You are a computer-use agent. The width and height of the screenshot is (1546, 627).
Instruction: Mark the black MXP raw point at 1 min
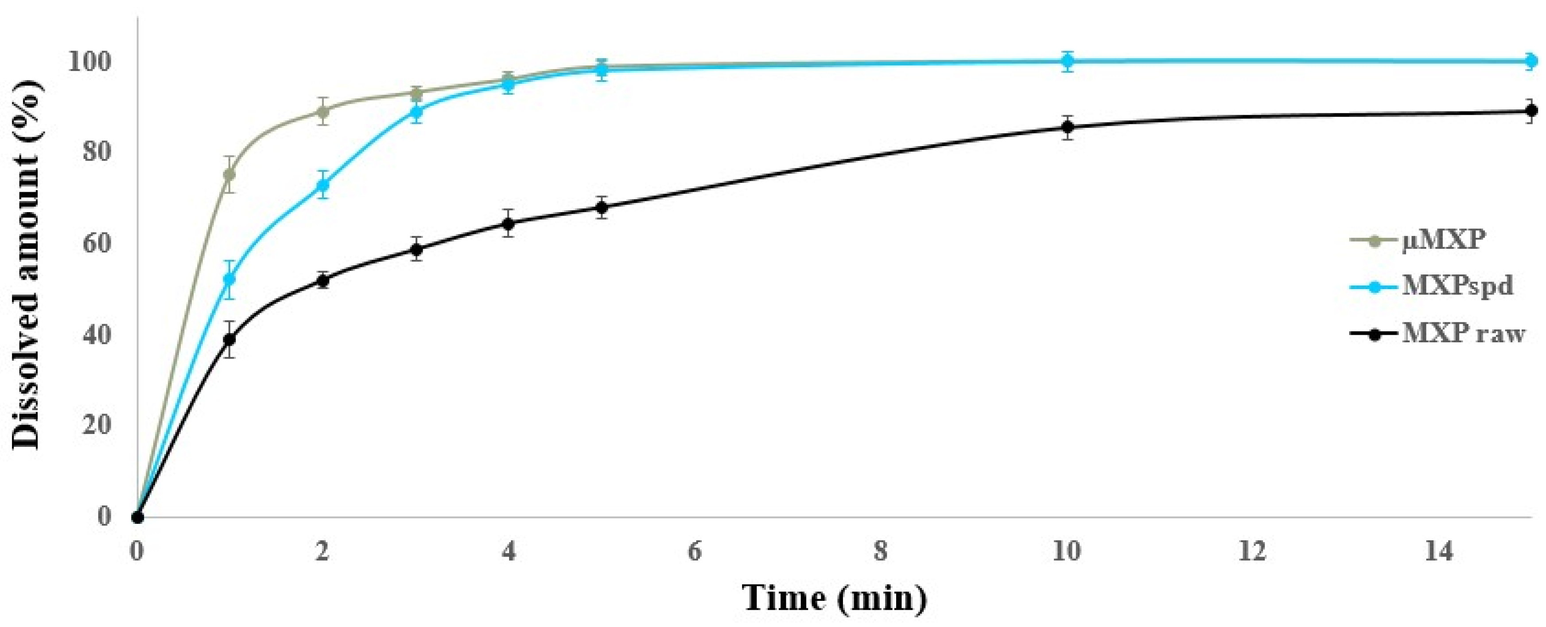[229, 339]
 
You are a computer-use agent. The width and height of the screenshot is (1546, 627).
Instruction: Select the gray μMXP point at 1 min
[229, 174]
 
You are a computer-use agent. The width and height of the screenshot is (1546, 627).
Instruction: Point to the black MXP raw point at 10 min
[1067, 127]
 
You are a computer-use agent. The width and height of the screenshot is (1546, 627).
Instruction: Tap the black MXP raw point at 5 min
[602, 208]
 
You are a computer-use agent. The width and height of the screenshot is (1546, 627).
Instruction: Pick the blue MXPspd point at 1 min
[229, 279]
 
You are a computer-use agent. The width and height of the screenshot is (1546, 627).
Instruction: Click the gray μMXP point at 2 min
[323, 111]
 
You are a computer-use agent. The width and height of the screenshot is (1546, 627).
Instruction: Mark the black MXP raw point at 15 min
[1530, 111]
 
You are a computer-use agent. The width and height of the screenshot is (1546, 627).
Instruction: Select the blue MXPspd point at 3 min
[416, 111]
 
